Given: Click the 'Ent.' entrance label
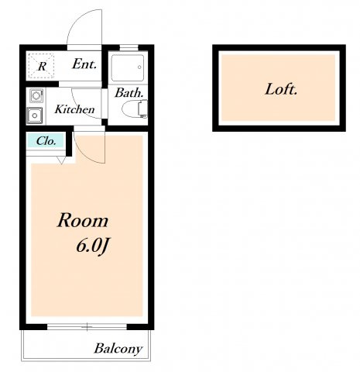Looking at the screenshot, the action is click(x=84, y=64).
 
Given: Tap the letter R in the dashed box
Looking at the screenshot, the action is click(x=42, y=67).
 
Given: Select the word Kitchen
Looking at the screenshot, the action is click(x=74, y=109).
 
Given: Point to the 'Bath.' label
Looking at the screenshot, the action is click(x=129, y=93).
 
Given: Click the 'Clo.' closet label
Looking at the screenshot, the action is click(x=46, y=141).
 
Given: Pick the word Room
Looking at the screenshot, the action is click(x=83, y=220).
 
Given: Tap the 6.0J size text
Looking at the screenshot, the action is click(x=92, y=246).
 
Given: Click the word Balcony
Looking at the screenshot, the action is click(x=118, y=349).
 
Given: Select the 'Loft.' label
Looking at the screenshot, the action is click(x=281, y=89).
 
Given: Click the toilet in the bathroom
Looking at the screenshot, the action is click(x=135, y=108).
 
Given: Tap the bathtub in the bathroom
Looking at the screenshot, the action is click(x=128, y=67).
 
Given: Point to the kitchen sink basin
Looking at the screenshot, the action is click(x=34, y=115).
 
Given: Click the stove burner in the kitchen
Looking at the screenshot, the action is click(x=36, y=95).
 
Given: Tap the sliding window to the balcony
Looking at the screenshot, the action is click(x=87, y=326).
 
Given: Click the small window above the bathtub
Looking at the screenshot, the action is click(x=129, y=48).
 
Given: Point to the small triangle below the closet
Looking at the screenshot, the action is click(x=61, y=160).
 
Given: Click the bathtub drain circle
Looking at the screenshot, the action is click(x=139, y=67).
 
